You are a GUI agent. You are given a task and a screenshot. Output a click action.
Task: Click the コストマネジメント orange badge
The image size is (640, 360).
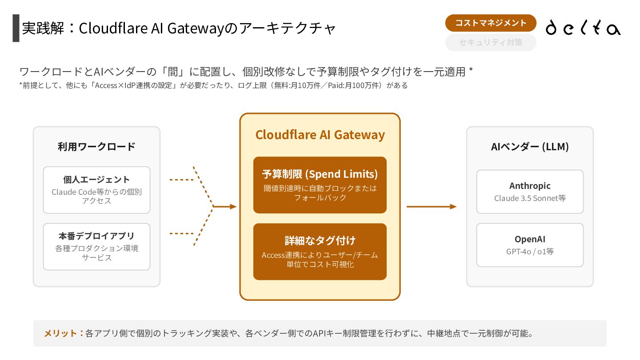pos(491,23)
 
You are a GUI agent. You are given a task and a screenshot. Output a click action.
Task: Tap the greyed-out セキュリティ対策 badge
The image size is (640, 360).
pos(491,43)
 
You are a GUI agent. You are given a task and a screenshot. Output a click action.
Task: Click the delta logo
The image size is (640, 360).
pos(583,28)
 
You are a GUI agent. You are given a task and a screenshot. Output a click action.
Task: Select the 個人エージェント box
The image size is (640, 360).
pos(96,190)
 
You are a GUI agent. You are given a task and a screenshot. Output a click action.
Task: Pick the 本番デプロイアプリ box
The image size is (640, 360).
pos(96,247)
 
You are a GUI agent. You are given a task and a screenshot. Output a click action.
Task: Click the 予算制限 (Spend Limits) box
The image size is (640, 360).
pos(320,185)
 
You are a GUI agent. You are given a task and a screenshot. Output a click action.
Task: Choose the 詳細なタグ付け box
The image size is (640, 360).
pos(320,252)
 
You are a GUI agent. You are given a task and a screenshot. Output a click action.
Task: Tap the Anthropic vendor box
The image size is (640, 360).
pos(530,192)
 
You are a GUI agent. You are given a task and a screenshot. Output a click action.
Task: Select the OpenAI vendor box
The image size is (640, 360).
pos(530,245)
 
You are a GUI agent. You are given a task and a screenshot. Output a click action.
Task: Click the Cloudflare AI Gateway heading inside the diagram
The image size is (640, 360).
pos(320,135)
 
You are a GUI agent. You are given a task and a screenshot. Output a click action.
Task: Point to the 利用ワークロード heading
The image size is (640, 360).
pos(96,147)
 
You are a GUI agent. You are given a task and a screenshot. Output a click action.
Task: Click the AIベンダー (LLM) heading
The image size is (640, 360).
pos(530,147)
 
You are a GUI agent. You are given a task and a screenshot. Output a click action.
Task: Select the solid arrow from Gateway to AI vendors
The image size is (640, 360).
pos(432,207)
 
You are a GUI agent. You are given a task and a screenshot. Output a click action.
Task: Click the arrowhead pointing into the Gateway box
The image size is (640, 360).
pos(233,207)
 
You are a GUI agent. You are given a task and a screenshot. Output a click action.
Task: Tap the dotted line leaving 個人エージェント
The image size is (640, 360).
pos(182,180)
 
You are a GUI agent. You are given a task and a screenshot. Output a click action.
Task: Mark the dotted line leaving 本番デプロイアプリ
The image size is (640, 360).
pos(182,233)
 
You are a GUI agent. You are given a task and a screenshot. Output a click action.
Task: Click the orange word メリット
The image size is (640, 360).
pos(60,333)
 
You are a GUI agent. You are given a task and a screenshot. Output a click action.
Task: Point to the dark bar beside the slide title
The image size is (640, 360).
pos(16,28)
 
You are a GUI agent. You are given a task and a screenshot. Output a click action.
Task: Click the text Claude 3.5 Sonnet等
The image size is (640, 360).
pos(530,198)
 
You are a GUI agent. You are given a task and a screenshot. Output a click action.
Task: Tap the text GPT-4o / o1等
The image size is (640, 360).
pos(530,252)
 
